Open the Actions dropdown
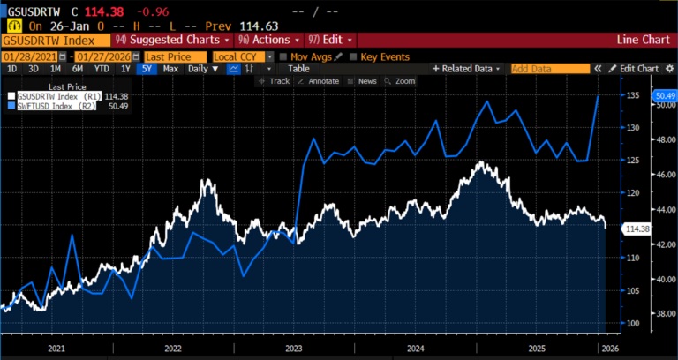point(265,41)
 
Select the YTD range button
point(102,68)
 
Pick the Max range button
point(170,68)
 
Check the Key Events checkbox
point(355,56)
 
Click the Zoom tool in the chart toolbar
point(401,80)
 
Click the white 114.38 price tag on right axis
point(636,229)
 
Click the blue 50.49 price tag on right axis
point(663,95)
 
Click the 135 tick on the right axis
point(633,96)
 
